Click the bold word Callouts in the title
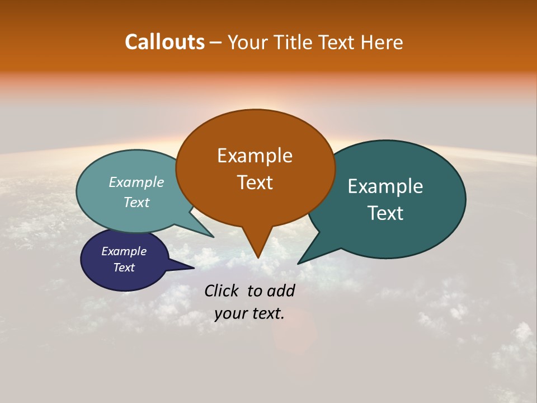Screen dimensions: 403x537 pos(164,42)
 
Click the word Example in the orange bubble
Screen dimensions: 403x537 pos(255,155)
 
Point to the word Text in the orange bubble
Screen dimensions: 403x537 pos(255,182)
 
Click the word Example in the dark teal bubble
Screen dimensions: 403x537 pos(385,186)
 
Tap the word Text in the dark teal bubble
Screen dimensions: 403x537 pos(385,213)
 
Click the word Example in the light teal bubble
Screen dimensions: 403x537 pos(136,182)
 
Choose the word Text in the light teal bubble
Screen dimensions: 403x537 pos(136,202)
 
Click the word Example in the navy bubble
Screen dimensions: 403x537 pos(124,251)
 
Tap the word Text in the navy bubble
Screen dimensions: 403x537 pos(124,268)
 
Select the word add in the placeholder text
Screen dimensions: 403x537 pos(281,290)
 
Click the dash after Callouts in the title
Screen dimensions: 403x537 pos(216,43)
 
